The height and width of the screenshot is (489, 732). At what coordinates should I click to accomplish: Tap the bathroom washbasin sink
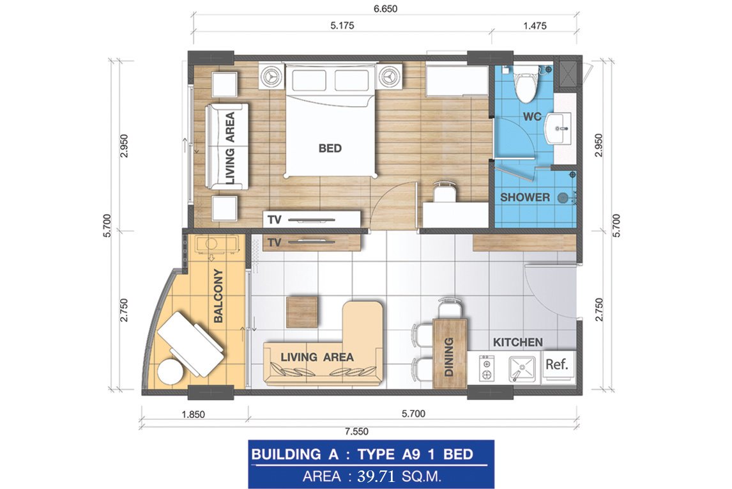[558, 128]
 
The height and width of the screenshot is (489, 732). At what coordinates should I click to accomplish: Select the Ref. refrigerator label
[556, 364]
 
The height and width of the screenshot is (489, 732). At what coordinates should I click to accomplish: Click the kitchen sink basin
[522, 368]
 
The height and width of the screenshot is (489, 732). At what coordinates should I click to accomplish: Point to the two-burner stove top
[487, 368]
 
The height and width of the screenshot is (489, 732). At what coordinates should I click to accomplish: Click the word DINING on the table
[448, 357]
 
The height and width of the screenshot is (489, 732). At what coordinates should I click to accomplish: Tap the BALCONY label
[218, 296]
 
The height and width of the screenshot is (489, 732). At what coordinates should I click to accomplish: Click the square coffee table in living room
[303, 311]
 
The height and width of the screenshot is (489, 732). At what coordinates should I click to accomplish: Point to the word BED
[330, 148]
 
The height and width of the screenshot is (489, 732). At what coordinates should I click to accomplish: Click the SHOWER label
[524, 197]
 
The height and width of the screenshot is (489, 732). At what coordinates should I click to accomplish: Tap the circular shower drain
[563, 198]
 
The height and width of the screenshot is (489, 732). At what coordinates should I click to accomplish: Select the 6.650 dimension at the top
[386, 9]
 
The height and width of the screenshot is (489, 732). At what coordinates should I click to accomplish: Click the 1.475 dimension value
[535, 26]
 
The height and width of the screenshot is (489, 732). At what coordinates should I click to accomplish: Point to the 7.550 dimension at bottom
[356, 431]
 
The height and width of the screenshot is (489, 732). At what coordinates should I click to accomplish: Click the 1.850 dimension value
[194, 414]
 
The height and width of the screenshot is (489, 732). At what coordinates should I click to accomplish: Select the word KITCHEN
[518, 343]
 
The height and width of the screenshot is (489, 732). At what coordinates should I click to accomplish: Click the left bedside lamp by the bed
[271, 76]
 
